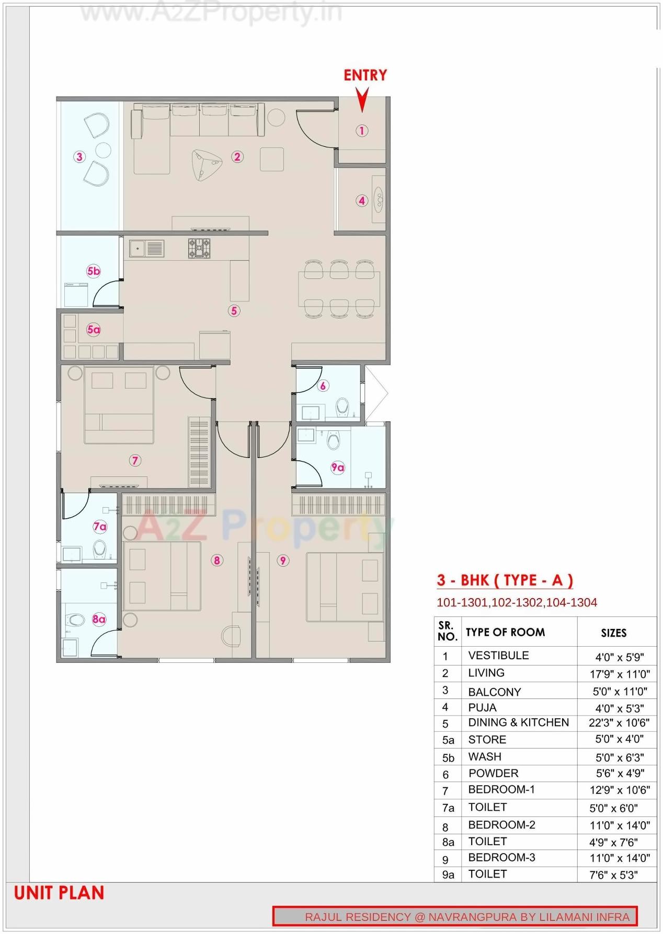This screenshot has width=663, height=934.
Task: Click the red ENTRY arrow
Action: point(362,99)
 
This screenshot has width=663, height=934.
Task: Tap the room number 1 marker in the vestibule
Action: point(362,131)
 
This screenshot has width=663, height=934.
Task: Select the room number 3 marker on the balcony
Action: point(79,157)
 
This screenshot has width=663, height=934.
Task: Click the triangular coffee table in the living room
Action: point(205,164)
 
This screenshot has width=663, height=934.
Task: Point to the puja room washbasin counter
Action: point(379,200)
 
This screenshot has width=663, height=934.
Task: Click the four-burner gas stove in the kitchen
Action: point(200,248)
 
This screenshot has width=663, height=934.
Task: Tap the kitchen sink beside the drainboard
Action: point(138,249)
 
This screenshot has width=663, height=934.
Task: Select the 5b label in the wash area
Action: point(93,271)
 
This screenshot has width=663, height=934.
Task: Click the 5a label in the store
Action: point(93,330)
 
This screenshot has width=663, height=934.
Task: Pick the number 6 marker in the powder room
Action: point(323,386)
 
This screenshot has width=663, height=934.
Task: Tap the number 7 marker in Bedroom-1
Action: point(135,460)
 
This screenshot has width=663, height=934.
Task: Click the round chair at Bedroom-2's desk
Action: point(230,636)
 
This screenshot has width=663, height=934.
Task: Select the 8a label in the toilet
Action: point(99,620)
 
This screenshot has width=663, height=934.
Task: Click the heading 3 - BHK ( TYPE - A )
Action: point(505,580)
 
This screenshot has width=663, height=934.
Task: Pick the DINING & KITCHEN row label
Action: point(518,722)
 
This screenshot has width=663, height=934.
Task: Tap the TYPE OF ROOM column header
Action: point(505,633)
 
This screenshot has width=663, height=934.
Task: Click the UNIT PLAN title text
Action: point(59,893)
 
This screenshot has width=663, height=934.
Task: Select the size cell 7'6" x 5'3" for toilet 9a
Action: point(613,875)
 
